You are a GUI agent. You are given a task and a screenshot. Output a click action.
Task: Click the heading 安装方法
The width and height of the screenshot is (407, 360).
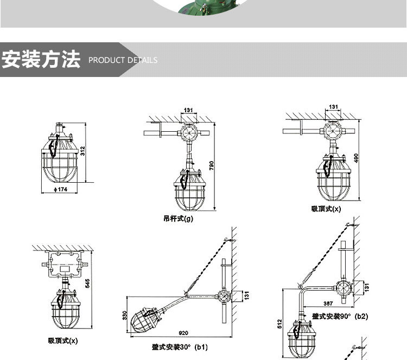coord(41,60)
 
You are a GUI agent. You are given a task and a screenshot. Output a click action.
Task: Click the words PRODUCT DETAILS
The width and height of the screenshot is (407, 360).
coord(123,60)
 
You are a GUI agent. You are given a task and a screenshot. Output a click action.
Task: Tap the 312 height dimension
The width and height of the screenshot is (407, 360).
coord(82,151)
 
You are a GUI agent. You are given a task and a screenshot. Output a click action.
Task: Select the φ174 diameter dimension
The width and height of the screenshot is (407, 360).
coord(60,189)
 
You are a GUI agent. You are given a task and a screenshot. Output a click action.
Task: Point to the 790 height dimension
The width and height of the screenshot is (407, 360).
coord(212,166)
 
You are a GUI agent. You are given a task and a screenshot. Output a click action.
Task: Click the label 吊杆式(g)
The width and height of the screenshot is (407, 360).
coord(178,218)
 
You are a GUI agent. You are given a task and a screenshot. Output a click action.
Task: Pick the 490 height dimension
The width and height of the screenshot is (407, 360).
coord(356,158)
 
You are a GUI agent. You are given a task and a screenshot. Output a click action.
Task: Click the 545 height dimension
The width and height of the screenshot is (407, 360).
coord(88,283)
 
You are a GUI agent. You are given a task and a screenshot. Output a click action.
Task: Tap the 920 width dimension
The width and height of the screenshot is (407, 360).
coord(183,333)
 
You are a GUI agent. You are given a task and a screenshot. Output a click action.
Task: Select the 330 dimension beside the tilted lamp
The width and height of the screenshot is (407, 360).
coord(125,316)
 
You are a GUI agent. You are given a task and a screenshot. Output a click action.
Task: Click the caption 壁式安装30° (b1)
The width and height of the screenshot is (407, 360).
coord(180,347)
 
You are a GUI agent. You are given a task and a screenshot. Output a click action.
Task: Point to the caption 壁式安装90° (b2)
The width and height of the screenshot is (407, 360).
coord(340,317)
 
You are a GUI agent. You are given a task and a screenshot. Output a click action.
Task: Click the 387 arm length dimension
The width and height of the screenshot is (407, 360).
coord(328,303)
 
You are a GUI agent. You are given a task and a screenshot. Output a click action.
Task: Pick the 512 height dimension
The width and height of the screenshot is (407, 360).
coord(279,324)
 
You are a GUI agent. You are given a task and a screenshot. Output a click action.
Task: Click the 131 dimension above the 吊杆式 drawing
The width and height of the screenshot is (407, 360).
coord(188,110)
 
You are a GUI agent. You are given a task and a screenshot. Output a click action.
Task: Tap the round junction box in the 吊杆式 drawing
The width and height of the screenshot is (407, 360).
coord(188,133)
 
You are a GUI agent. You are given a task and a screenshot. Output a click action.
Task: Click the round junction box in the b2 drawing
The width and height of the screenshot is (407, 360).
coord(344,287)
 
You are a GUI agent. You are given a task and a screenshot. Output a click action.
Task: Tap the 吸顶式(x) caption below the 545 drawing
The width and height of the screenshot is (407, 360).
coord(63,340)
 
